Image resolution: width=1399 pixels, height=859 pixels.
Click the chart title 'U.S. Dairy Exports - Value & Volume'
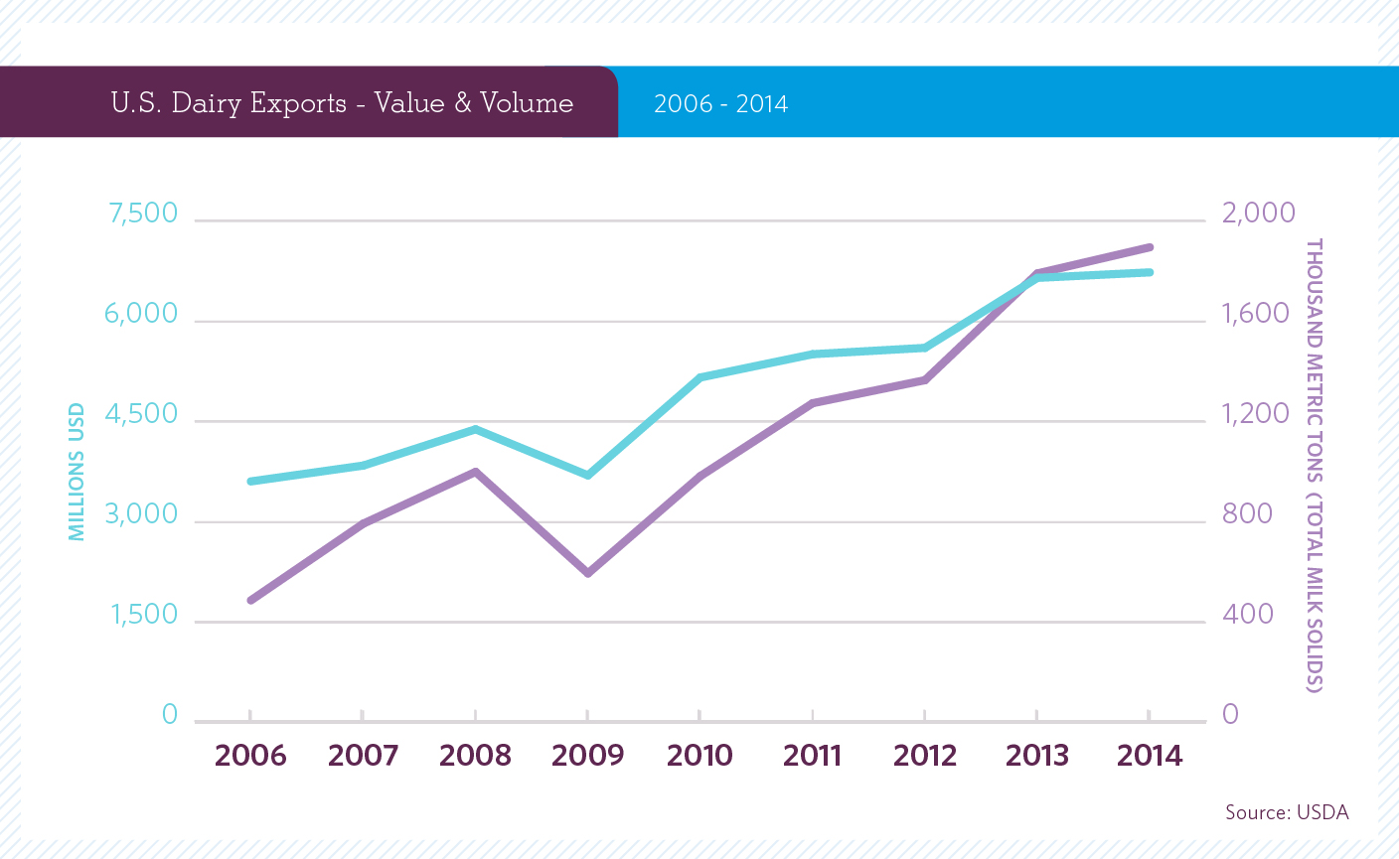click(x=342, y=103)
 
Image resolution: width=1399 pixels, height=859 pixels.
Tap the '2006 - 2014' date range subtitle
click(x=720, y=104)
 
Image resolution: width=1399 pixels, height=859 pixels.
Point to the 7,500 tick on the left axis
click(x=141, y=214)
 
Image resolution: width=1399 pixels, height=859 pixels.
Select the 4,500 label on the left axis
click(x=141, y=414)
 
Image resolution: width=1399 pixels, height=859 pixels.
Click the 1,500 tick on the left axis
click(x=144, y=615)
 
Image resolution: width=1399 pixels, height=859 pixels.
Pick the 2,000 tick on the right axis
click(x=1258, y=213)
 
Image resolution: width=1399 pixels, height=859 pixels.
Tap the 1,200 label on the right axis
click(x=1255, y=414)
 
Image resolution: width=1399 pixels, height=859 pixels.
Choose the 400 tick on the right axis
click(x=1248, y=615)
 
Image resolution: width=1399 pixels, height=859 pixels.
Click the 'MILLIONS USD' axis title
click(x=77, y=472)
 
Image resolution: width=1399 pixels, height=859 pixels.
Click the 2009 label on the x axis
click(x=587, y=756)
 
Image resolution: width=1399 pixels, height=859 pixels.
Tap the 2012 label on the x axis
click(x=924, y=756)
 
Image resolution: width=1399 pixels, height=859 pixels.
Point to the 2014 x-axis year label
click(x=1150, y=756)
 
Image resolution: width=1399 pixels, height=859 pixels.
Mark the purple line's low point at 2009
click(x=587, y=573)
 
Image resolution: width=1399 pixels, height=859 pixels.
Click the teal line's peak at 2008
click(x=475, y=429)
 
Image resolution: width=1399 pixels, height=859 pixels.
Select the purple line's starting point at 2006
click(x=250, y=600)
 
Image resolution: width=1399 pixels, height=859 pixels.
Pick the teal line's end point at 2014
click(x=1150, y=272)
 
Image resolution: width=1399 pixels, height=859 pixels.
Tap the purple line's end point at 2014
click(x=1150, y=247)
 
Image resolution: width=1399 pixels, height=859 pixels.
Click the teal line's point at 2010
click(x=699, y=377)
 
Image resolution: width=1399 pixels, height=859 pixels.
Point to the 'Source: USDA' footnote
click(x=1287, y=812)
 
